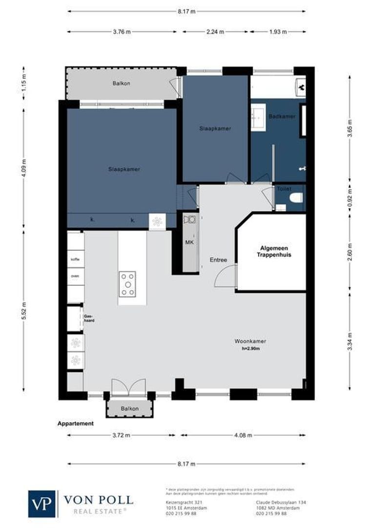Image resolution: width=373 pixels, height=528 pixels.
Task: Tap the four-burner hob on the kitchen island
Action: click(x=128, y=284)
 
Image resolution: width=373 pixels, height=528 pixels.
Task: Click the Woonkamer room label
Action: click(x=250, y=341)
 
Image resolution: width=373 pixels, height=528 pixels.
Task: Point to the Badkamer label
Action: click(x=282, y=116)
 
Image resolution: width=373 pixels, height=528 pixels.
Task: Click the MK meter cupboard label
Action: click(x=189, y=242)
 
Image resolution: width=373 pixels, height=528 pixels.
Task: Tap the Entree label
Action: click(x=218, y=260)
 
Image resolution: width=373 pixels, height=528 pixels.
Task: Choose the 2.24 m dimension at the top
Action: click(x=215, y=32)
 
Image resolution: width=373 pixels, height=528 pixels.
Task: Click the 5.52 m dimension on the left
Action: click(x=24, y=310)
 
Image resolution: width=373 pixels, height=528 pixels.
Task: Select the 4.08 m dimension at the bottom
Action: click(x=244, y=434)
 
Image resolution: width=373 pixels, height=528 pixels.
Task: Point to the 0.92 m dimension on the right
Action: click(x=349, y=198)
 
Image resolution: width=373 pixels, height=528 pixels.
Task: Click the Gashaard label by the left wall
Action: click(x=88, y=318)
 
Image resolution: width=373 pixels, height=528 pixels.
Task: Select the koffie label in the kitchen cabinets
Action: click(x=75, y=259)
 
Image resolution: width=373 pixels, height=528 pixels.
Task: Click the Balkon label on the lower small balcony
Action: click(x=130, y=409)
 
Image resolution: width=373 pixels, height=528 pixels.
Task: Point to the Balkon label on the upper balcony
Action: click(x=121, y=84)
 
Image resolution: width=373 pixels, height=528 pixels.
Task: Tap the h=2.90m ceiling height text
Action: click(x=250, y=349)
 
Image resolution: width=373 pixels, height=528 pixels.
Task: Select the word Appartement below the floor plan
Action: click(x=75, y=423)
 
